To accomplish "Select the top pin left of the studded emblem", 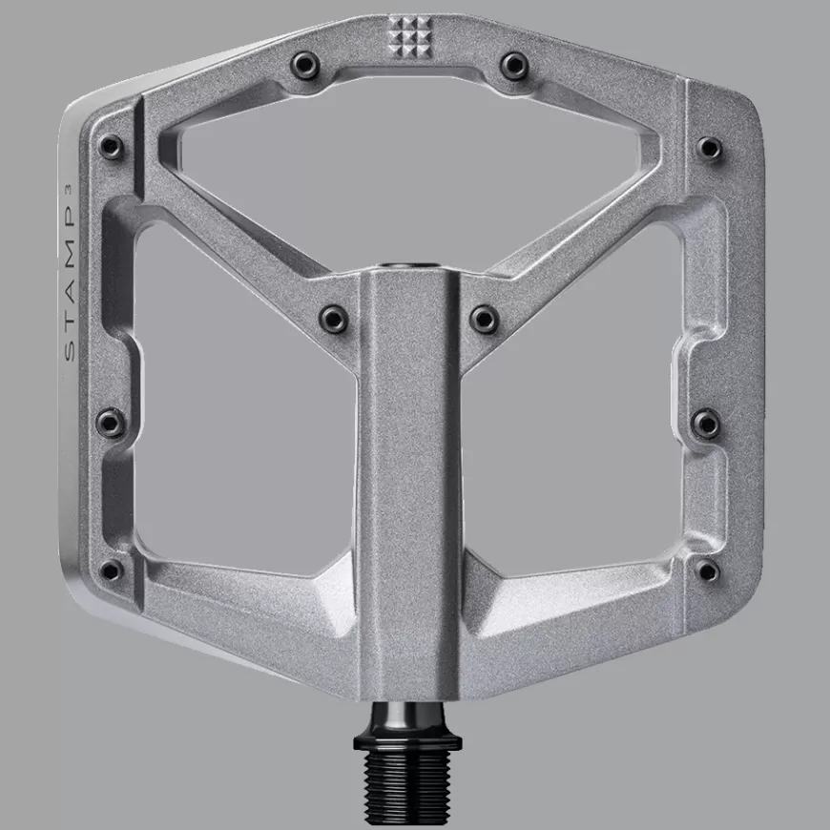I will tap(304, 63).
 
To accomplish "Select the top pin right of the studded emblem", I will tap(515, 64).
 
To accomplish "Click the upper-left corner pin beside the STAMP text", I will tap(111, 147).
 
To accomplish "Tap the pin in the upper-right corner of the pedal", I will tap(709, 146).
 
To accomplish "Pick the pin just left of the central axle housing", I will tap(334, 318).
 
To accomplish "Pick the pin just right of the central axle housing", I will tap(485, 318).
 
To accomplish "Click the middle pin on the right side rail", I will tap(706, 423).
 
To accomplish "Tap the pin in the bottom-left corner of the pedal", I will tap(112, 571).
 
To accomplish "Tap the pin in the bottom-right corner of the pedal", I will tap(708, 571).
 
